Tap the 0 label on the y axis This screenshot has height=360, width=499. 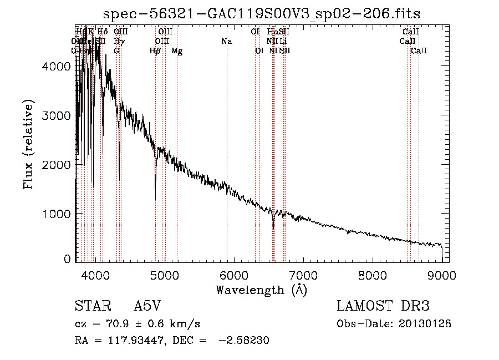coord(67,258)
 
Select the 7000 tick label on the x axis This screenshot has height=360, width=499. coord(303,275)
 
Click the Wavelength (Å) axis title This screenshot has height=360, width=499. coord(261,290)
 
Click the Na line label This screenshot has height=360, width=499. coord(226,42)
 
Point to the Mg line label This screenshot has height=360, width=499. coord(177,51)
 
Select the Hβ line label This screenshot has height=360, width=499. coord(155,51)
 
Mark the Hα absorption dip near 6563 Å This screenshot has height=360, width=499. coord(273,226)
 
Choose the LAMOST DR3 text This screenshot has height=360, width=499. coord(383,306)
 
